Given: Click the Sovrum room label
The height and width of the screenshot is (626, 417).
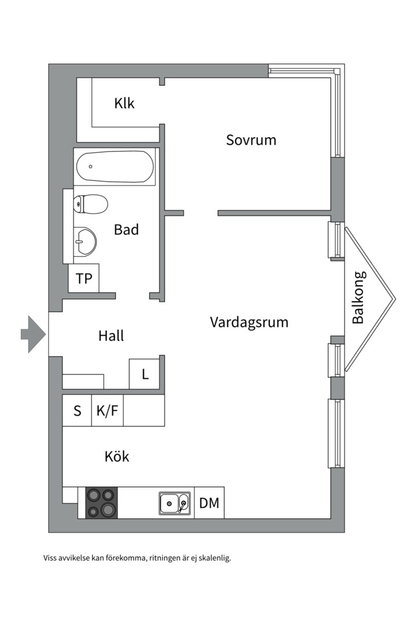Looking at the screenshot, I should pyautogui.click(x=251, y=140).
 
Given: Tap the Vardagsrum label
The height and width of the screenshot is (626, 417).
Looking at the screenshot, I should pyautogui.click(x=249, y=322).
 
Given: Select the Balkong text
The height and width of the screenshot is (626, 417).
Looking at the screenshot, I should pyautogui.click(x=359, y=297).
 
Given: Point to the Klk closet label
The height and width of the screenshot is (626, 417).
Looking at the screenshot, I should pyautogui.click(x=124, y=104).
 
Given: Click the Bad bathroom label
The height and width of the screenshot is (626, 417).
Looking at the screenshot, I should pyautogui.click(x=126, y=230).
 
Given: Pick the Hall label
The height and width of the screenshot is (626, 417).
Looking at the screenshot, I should pyautogui.click(x=111, y=336).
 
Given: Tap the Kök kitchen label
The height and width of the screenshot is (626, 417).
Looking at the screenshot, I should pyautogui.click(x=116, y=457).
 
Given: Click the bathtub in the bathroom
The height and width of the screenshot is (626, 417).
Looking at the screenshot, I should pyautogui.click(x=115, y=167).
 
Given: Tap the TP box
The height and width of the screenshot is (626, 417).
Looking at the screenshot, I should pyautogui.click(x=84, y=279).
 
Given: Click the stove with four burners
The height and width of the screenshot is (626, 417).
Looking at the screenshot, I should pyautogui.click(x=101, y=503).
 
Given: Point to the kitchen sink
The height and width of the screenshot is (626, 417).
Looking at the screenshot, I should pyautogui.click(x=174, y=503).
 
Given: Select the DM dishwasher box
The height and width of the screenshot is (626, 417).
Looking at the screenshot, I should pyautogui.click(x=209, y=503).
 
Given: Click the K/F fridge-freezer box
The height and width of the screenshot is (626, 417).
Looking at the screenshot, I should pyautogui.click(x=107, y=411).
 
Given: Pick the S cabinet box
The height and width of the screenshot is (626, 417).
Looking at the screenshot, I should pyautogui.click(x=77, y=411).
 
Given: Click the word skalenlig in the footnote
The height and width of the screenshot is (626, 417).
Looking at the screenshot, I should pyautogui.click(x=214, y=558).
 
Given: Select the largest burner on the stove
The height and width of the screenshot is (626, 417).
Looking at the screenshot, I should pyautogui.click(x=108, y=510).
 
